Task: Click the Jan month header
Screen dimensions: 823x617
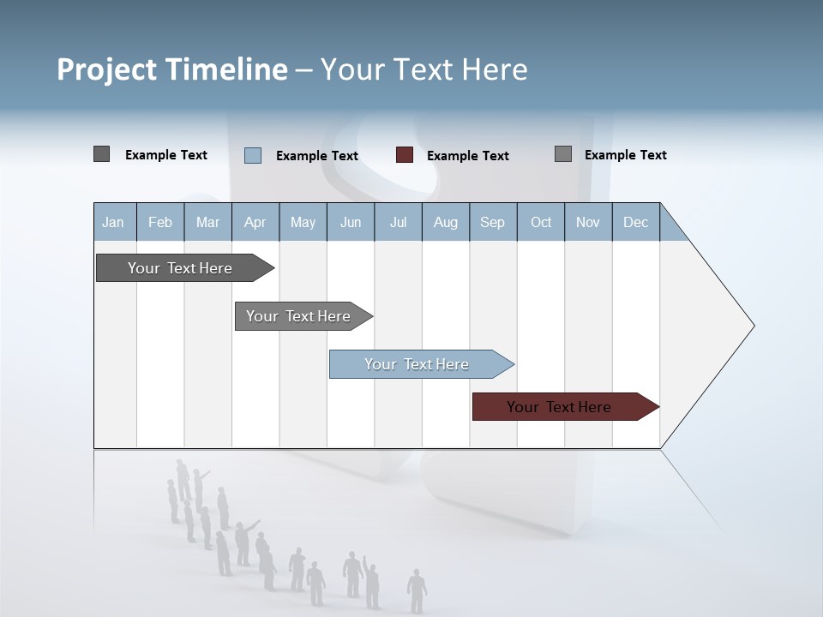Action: tap(113, 222)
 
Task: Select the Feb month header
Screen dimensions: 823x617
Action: tap(160, 222)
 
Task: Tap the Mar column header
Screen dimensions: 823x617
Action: tap(207, 222)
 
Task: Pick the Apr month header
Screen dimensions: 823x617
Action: tap(255, 222)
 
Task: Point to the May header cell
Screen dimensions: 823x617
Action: tap(303, 222)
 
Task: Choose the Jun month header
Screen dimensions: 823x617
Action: tap(351, 222)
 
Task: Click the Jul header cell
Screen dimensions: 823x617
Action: tap(398, 222)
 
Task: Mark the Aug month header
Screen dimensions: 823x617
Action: tap(446, 222)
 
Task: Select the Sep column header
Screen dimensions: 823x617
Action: tap(493, 222)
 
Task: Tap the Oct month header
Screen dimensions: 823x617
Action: tap(541, 222)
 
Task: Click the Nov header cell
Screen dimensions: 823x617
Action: tap(588, 222)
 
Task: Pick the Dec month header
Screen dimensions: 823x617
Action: tap(636, 222)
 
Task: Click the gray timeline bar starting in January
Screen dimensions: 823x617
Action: tap(181, 268)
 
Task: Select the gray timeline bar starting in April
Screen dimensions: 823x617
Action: tap(299, 316)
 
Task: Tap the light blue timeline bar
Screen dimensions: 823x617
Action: tap(418, 364)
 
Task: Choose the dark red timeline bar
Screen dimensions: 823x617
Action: tap(560, 407)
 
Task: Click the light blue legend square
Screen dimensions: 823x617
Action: tap(253, 155)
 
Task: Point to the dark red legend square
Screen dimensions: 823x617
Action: tap(405, 155)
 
